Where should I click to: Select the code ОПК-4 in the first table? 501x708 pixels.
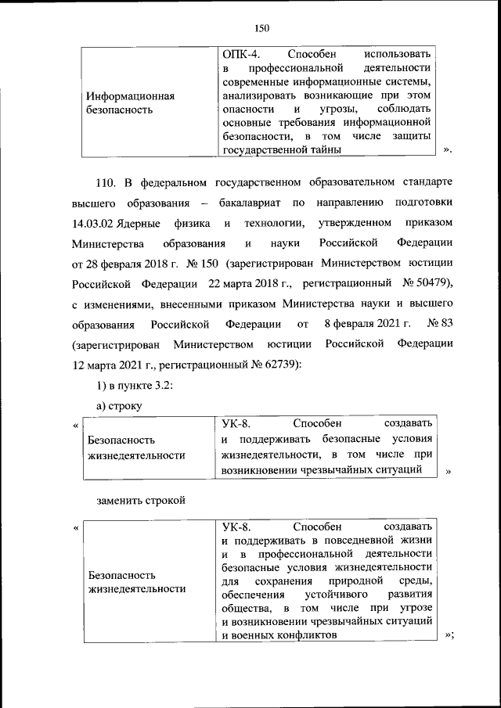click(238, 54)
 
